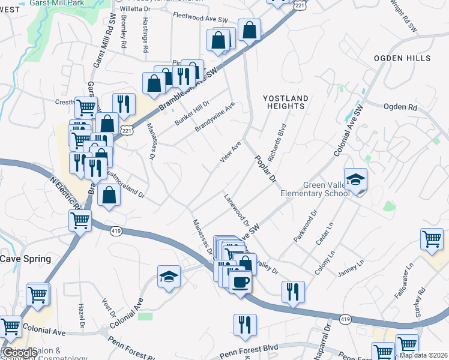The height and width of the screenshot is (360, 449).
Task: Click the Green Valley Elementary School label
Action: click(315, 189)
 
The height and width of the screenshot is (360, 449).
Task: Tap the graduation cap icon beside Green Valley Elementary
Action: click(355, 179)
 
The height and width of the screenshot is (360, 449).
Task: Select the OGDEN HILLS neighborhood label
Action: click(402, 58)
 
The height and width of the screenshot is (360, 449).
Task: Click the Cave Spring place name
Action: click(25, 259)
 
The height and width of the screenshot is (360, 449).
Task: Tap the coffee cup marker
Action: click(240, 281)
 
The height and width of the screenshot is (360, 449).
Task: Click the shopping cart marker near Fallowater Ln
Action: click(432, 239)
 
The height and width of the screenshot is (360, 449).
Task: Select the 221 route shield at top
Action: click(301, 5)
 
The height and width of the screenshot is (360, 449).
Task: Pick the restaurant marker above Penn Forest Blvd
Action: click(245, 325)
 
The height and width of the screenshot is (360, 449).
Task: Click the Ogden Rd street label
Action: click(400, 107)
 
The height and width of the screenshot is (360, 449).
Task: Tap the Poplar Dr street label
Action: click(265, 170)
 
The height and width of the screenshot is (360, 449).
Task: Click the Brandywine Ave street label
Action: click(214, 117)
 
